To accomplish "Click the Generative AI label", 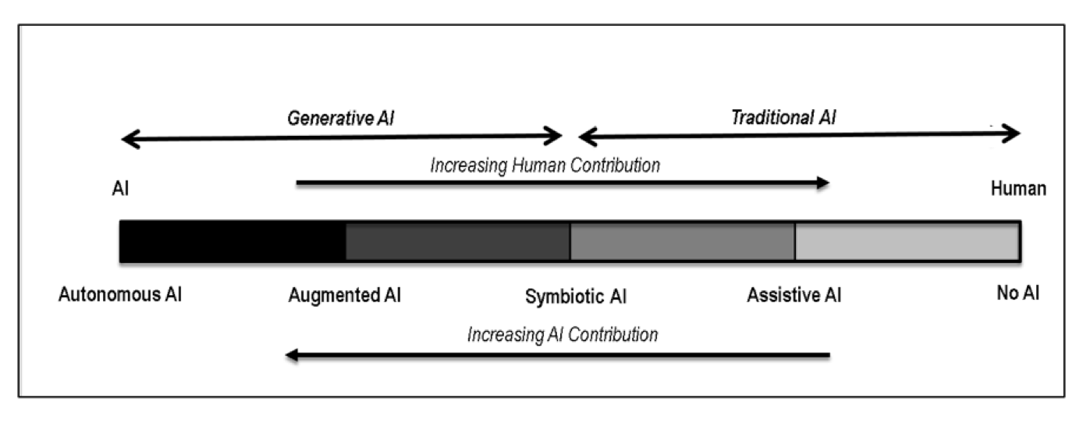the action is click(341, 119).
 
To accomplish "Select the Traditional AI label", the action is click(783, 118).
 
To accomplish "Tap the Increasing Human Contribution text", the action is click(545, 165).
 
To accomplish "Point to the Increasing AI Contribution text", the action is click(563, 335).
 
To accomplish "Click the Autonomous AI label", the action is click(120, 294).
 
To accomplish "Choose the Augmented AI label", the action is click(345, 295).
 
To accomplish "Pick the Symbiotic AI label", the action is click(576, 297).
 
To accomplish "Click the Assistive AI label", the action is click(794, 295).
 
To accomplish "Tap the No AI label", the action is click(1017, 293).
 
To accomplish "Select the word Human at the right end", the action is click(1018, 189).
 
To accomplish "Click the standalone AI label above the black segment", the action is click(120, 189).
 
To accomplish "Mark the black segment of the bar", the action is click(233, 242).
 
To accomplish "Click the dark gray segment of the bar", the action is click(458, 242).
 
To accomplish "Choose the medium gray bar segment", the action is click(683, 242).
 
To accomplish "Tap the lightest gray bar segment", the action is click(907, 242).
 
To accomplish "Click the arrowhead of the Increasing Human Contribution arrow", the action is click(823, 183).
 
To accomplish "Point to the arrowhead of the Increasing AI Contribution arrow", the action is click(292, 355).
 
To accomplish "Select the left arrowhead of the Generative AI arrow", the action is click(130, 139).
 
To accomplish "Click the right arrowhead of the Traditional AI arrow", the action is click(1011, 133).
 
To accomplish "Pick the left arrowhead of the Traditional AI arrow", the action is click(588, 137).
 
